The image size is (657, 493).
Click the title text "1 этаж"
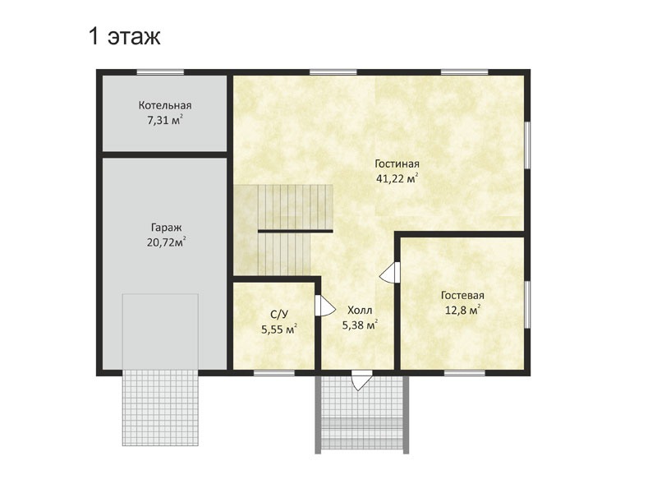click(x=125, y=36)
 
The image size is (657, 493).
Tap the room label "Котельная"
click(x=165, y=105)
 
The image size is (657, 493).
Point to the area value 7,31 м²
click(x=165, y=120)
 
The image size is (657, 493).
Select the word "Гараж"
click(x=167, y=228)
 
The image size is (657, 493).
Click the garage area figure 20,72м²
click(x=167, y=242)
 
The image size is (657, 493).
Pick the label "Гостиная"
click(x=397, y=164)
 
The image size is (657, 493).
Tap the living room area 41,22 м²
click(x=397, y=178)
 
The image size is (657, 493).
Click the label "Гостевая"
click(x=462, y=296)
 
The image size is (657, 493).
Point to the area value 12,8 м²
click(x=462, y=311)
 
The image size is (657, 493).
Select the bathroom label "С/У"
click(x=279, y=315)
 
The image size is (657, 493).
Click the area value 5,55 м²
click(x=279, y=329)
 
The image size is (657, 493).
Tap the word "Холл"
click(x=360, y=311)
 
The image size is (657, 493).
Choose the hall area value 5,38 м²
click(x=360, y=325)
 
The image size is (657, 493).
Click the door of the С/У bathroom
click(x=324, y=306)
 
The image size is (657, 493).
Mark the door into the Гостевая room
click(x=389, y=273)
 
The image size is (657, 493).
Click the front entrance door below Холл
click(x=361, y=380)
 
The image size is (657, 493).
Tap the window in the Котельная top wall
click(x=160, y=72)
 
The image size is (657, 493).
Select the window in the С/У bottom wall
click(x=274, y=373)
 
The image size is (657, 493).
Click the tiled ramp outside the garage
click(x=160, y=408)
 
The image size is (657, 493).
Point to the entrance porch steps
click(x=361, y=433)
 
